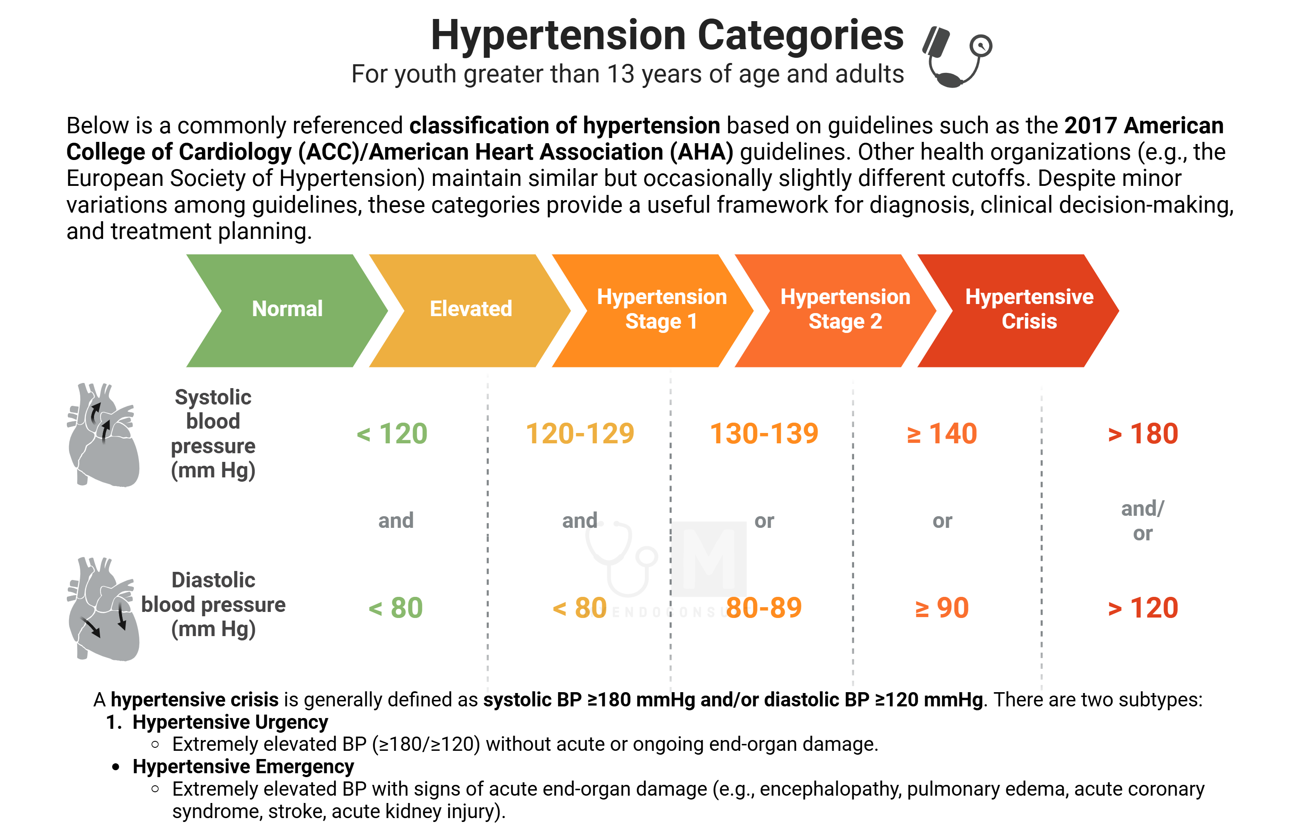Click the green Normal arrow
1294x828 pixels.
tap(288, 311)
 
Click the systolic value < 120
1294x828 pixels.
tap(392, 434)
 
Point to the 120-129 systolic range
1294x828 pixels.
tap(580, 434)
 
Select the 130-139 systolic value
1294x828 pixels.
tap(764, 434)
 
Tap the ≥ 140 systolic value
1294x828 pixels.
tap(942, 434)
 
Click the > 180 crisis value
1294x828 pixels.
tap(1143, 434)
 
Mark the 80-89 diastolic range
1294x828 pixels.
tap(764, 608)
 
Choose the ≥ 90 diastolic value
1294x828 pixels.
tap(942, 608)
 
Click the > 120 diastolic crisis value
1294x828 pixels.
tap(1143, 608)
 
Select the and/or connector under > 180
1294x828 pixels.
tap(1143, 521)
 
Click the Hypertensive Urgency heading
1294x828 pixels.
tap(230, 722)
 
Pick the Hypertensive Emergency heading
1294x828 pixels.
tap(243, 766)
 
